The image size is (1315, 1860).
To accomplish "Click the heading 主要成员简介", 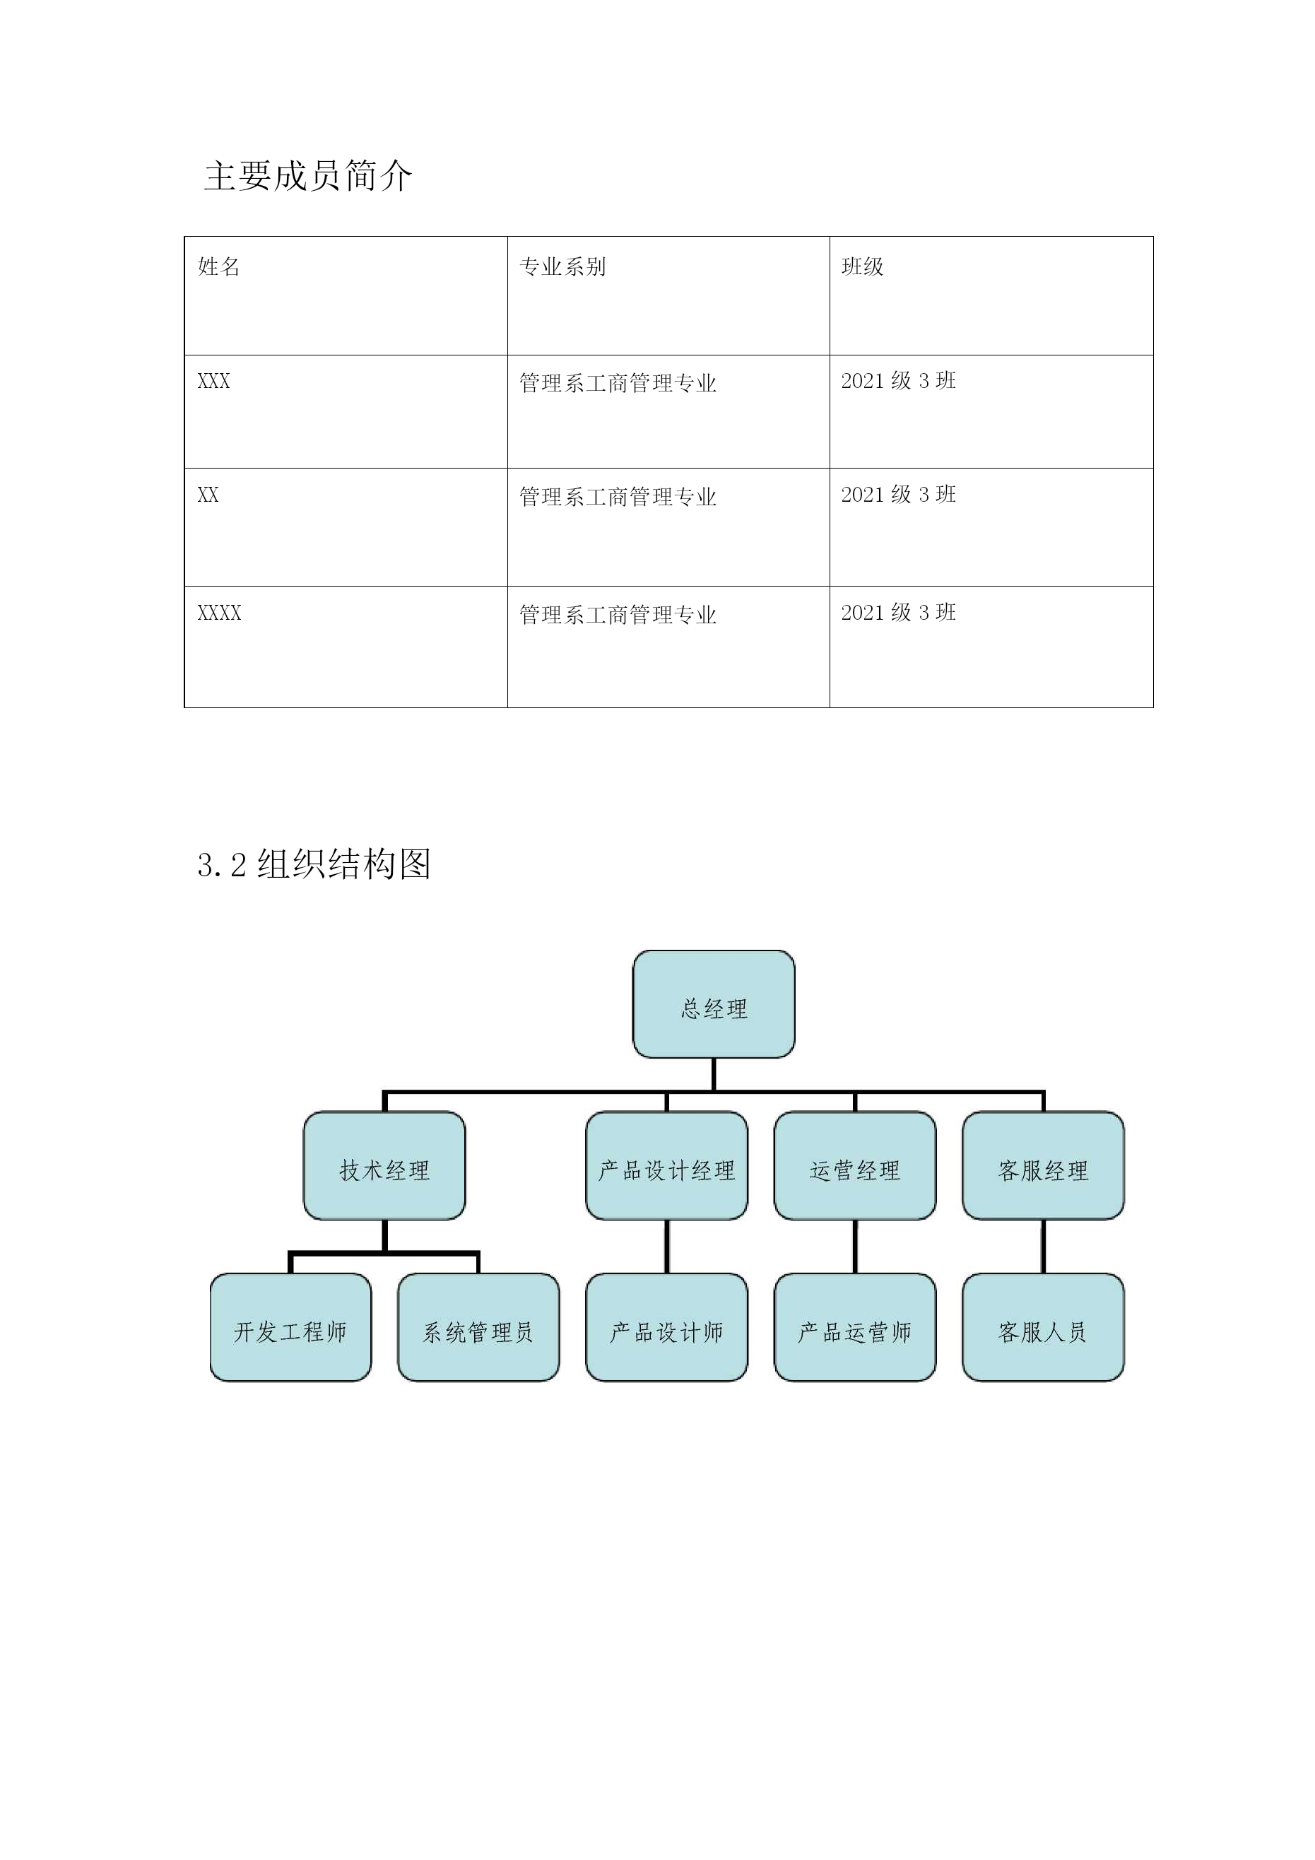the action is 308,176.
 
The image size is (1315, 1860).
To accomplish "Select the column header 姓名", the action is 219,266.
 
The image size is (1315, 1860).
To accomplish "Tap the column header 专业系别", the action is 562,266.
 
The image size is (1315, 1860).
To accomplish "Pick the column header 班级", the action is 862,266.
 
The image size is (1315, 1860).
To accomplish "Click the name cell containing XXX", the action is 214,381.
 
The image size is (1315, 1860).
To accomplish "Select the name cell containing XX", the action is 208,495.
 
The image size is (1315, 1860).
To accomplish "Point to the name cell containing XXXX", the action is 220,613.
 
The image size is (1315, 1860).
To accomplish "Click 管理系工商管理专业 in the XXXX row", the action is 618,615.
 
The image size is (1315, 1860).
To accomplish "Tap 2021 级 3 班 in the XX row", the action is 899,494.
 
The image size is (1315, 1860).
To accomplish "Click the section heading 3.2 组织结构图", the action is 314,864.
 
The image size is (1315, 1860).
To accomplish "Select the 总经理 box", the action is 713,1003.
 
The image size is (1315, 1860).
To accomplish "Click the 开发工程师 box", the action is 290,1327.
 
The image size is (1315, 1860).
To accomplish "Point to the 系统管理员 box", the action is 478,1327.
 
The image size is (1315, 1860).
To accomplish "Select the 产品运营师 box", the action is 855,1327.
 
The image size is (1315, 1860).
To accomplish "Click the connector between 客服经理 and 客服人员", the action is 1043,1247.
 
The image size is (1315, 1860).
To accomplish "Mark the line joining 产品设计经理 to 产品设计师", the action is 666,1247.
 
